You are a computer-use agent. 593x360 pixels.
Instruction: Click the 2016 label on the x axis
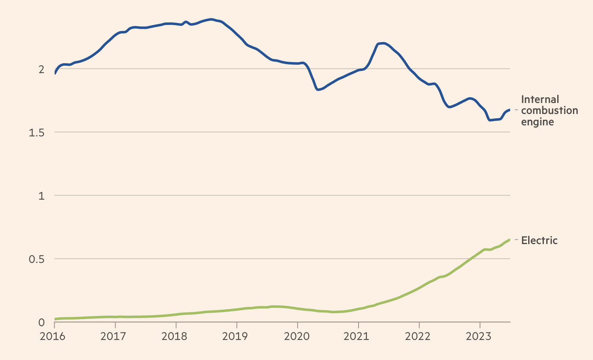(55, 337)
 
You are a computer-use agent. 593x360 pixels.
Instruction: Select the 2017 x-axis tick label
(115, 337)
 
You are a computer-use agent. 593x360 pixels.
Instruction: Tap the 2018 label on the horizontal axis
(176, 337)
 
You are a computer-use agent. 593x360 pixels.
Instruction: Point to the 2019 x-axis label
(237, 337)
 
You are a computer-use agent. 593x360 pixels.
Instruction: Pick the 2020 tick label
(297, 337)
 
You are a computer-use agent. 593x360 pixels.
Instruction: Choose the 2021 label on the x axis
(358, 337)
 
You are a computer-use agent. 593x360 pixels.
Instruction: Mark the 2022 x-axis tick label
(419, 337)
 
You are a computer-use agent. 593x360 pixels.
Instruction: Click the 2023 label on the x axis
(480, 337)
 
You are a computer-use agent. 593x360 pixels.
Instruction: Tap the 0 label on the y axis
(42, 323)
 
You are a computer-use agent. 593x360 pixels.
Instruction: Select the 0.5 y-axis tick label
(37, 259)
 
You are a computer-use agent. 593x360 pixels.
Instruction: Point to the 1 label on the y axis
(42, 196)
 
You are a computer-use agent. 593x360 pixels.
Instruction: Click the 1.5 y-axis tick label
(37, 132)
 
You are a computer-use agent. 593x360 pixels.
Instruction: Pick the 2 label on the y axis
(41, 69)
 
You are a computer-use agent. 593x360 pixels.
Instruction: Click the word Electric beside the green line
(539, 241)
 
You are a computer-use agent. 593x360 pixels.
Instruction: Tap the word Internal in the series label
(540, 99)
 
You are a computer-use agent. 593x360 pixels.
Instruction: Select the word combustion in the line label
(549, 110)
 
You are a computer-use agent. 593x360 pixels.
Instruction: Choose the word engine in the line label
(537, 122)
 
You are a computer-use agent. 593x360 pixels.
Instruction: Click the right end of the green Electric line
(510, 240)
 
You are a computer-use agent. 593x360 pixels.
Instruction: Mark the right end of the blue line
(510, 110)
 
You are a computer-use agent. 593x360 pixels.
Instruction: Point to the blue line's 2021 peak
(383, 43)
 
